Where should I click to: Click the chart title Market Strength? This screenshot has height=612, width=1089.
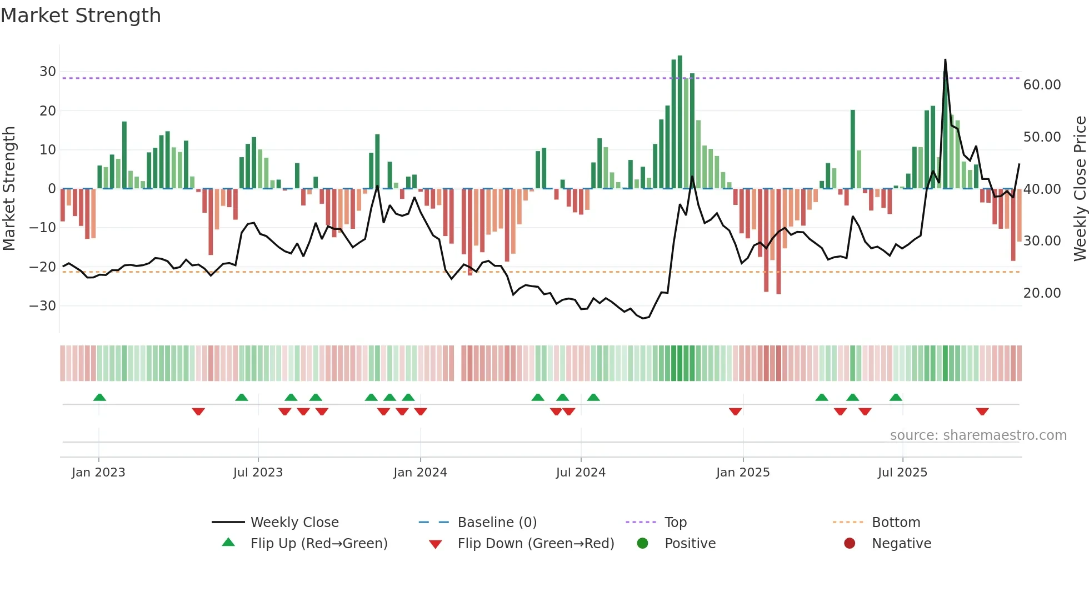coord(81,16)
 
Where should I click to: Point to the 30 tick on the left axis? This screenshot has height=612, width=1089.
coord(48,72)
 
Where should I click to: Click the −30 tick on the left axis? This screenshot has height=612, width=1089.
coord(43,306)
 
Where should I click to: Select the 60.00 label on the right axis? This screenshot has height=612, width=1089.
coord(1042,85)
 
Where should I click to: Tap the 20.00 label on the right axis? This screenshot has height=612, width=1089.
coord(1042,293)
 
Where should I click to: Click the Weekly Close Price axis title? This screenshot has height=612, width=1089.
coord(1080,189)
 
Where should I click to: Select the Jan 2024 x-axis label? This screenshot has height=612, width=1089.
coord(420,473)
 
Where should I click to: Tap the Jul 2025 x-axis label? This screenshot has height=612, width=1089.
coord(902,473)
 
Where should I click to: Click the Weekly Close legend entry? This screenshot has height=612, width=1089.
coord(294,523)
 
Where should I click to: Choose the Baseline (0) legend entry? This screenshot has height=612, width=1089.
coord(497,523)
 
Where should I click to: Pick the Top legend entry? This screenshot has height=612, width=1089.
coord(676,523)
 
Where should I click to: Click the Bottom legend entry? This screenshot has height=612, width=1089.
coord(896,523)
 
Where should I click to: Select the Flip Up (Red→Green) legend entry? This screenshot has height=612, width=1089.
coord(319,544)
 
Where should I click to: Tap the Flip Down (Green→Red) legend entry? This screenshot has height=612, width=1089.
coord(536,544)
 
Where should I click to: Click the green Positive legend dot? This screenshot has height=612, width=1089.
coord(643,544)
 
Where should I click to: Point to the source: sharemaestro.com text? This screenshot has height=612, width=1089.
coord(978,435)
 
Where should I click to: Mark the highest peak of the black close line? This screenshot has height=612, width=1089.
coord(945,60)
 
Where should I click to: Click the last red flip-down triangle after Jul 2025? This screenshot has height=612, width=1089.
coord(982,412)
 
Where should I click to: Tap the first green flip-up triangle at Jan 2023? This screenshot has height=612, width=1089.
coord(99,398)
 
